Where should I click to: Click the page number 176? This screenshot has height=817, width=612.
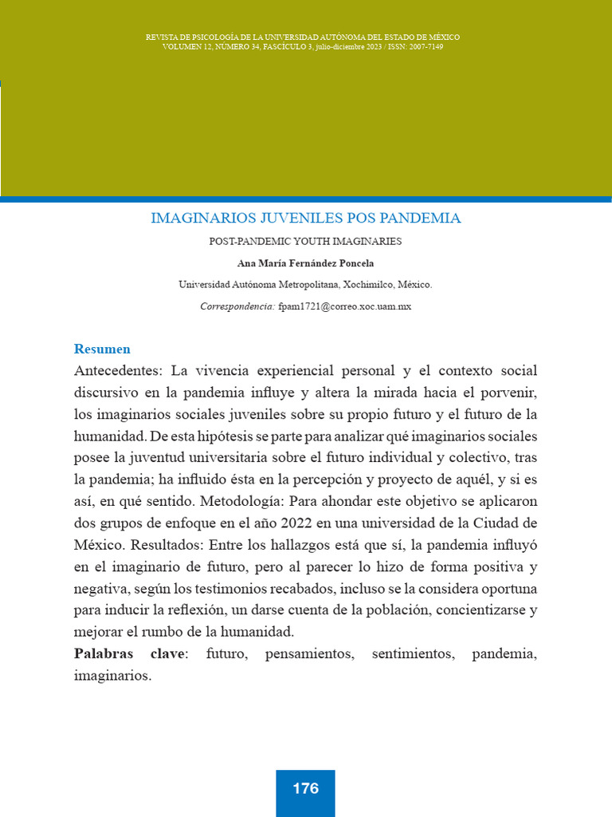click(x=305, y=788)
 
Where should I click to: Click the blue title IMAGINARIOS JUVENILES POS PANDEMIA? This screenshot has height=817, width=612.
click(x=305, y=218)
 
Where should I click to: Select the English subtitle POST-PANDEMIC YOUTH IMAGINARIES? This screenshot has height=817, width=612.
click(x=305, y=241)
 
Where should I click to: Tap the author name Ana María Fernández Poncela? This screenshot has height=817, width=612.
click(x=305, y=263)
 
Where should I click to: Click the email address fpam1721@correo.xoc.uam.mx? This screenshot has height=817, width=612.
click(x=344, y=306)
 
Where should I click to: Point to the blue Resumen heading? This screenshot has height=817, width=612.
click(x=102, y=349)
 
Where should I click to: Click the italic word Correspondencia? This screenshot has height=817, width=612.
click(x=237, y=306)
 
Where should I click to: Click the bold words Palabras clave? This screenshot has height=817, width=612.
click(x=129, y=654)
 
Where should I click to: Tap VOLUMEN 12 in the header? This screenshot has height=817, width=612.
click(x=189, y=47)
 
